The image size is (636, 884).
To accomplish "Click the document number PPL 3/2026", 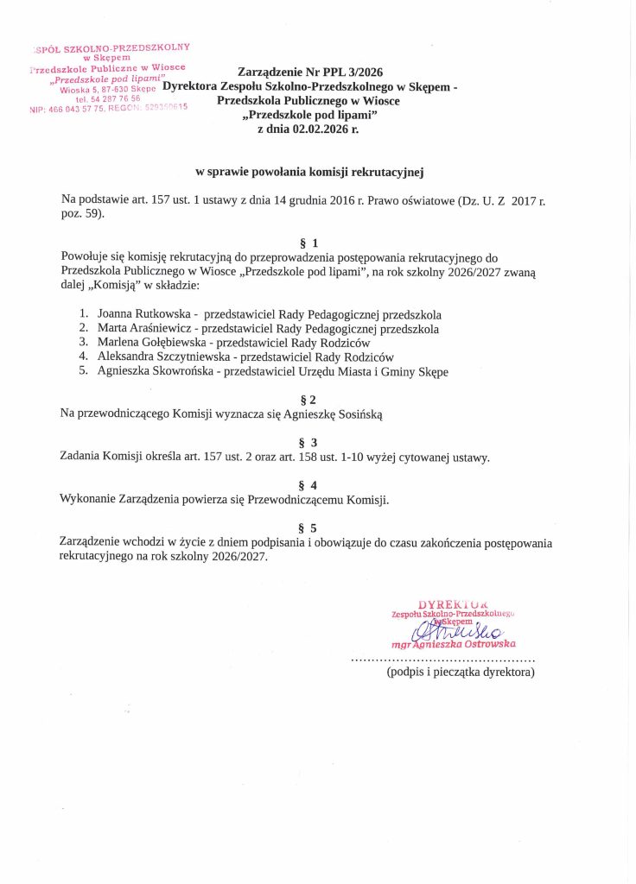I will [352, 72].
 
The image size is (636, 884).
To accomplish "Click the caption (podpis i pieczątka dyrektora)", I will [461, 672].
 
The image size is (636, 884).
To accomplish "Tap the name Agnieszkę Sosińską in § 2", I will [333, 414].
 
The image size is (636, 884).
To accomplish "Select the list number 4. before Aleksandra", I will [84, 357].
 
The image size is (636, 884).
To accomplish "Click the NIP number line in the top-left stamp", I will [108, 109].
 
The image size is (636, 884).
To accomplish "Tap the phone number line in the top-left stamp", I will [108, 98].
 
